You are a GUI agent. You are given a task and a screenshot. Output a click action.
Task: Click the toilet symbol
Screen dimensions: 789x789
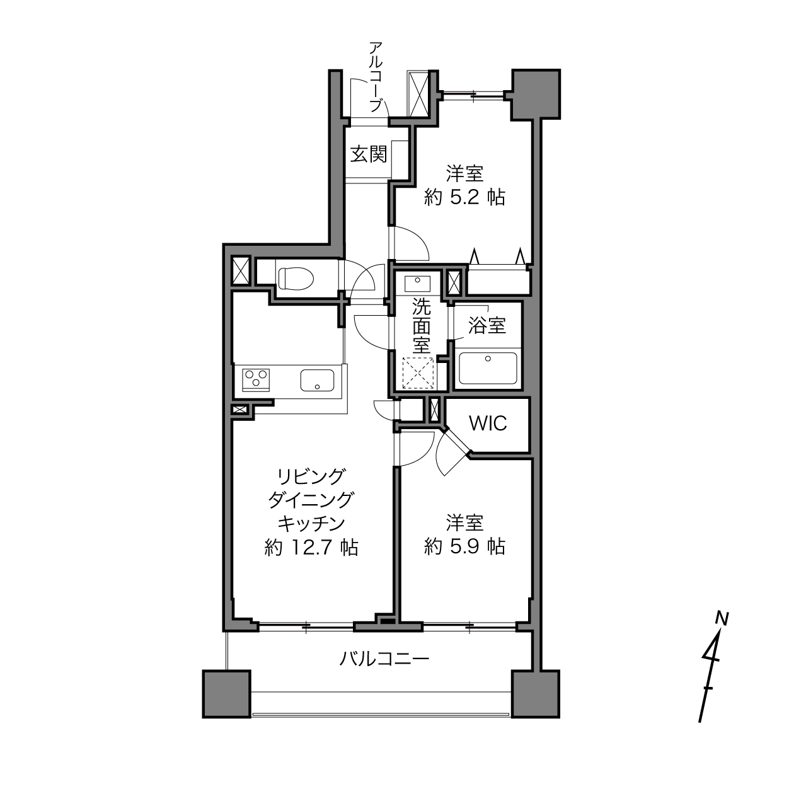[x=296, y=279]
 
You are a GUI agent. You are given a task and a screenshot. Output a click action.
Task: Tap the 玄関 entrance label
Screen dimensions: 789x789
[x=369, y=155]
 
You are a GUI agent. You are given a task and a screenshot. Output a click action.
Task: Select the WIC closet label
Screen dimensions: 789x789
[x=488, y=423]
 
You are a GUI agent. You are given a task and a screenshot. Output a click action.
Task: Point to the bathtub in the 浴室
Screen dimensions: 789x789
[x=488, y=367]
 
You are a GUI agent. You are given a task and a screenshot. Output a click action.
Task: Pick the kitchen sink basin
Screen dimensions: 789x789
[x=318, y=380]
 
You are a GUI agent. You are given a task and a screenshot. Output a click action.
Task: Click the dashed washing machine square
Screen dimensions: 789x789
[x=418, y=374]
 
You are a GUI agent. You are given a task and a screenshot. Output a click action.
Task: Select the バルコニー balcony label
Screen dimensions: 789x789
[x=384, y=659]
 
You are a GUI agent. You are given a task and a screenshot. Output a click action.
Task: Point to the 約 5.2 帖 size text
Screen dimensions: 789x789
[x=464, y=198]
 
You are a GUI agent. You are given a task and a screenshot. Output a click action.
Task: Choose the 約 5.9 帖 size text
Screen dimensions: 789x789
[x=464, y=546]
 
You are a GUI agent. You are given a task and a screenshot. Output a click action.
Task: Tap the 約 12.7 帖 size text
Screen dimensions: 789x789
[x=311, y=548]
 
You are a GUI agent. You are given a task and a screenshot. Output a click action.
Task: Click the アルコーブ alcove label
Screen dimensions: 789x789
[x=376, y=76]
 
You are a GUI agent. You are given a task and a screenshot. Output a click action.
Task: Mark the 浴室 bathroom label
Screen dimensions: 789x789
[x=487, y=326]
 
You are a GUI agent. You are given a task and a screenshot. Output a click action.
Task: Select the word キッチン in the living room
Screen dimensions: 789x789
[x=311, y=524]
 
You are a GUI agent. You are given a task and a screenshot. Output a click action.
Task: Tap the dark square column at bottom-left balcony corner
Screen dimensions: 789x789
[x=226, y=694]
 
